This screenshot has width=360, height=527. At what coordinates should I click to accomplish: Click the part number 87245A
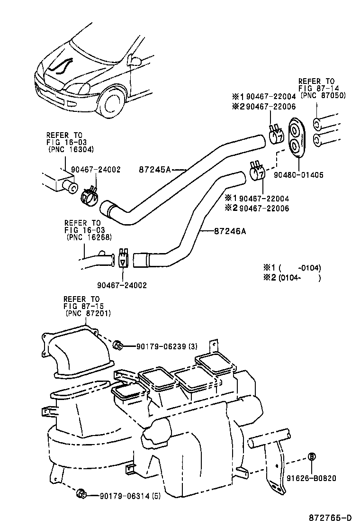[x=154, y=169]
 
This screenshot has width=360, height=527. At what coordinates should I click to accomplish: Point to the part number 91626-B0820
[x=311, y=478]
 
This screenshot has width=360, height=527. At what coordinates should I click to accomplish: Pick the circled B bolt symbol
[x=312, y=457]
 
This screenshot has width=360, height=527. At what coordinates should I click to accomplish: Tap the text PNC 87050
[x=324, y=95]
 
